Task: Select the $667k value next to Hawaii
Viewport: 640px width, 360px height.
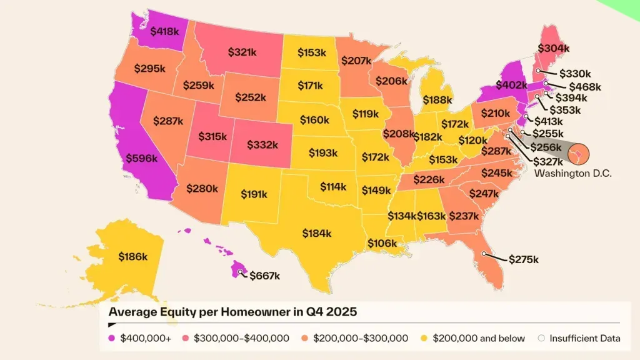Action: pos(264,276)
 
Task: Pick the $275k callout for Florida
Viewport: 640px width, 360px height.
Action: pos(523,259)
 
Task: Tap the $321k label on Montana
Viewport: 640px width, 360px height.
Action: pos(242,52)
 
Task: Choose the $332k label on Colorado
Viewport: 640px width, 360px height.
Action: pos(262,144)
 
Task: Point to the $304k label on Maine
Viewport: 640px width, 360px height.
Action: pos(554,48)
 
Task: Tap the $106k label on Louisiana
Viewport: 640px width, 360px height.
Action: pos(382,242)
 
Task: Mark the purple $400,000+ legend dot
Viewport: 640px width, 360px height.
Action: pos(112,338)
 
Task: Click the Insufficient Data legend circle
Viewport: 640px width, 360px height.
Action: pos(542,338)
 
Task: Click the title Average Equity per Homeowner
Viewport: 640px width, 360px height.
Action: pos(232,311)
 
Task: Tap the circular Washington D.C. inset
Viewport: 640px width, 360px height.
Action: pos(578,151)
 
